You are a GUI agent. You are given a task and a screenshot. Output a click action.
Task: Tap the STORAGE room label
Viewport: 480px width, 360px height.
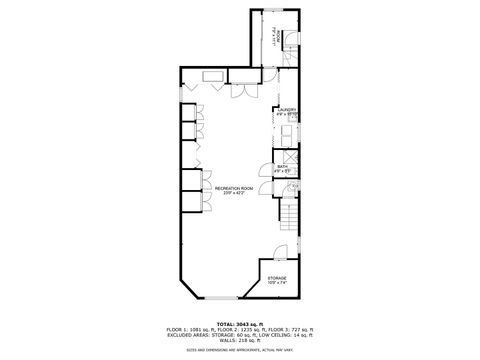click(276, 277)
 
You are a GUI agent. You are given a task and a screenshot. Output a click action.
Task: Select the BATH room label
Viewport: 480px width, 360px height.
click(283, 167)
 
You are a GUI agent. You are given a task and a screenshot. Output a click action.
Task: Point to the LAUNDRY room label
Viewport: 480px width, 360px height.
click(287, 109)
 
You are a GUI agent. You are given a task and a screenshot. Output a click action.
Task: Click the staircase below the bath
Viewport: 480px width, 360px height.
click(288, 214)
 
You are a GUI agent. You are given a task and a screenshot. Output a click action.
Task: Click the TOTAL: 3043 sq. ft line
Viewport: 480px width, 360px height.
click(241, 325)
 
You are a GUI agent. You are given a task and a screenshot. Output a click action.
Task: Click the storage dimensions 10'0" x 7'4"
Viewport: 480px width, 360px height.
click(276, 283)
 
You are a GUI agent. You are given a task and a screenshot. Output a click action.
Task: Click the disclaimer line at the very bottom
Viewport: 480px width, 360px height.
click(240, 349)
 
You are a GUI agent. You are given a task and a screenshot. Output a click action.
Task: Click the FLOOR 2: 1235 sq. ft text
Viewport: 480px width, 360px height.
click(240, 330)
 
